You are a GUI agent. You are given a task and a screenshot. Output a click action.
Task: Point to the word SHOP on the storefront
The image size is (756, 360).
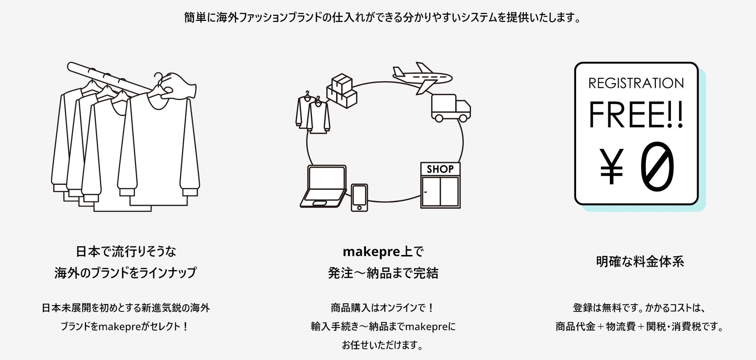coord(440,169)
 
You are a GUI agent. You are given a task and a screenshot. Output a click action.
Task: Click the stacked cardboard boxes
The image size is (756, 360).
coord(341,91)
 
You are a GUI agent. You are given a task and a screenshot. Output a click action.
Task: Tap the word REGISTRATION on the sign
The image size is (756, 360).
coord(636,83)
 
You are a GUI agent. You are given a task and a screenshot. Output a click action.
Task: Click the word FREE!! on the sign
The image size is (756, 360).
coord(636,115)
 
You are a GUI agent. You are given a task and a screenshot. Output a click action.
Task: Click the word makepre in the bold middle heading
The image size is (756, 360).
coord(366,252)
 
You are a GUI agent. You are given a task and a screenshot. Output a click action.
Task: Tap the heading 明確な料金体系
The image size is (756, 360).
coord(640,262)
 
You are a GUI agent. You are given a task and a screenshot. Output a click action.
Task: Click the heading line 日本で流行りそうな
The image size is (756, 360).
coord(126,252)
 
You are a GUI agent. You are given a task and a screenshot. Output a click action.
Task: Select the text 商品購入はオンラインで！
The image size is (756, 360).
coord(382,308)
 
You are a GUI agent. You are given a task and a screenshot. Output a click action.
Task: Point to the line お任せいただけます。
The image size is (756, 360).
coord(382,345)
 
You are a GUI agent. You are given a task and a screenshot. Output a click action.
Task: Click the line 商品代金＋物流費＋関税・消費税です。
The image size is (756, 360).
coord(640,327)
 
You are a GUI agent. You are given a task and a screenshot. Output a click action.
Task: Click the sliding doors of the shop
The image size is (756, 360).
coord(440,191)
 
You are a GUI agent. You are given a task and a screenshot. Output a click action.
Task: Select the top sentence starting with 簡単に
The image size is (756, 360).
coord(382,18)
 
